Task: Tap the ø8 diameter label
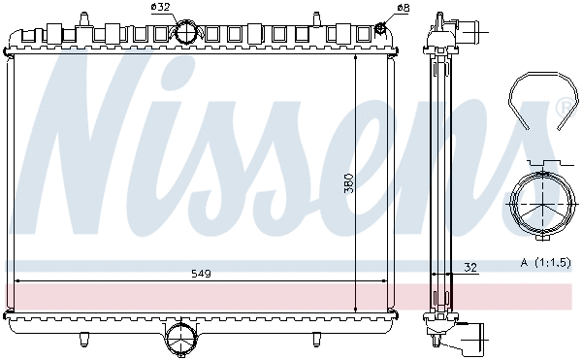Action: coord(400,8)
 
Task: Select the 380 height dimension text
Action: coord(348,181)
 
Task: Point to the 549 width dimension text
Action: coord(200,275)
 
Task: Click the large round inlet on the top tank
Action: coord(186,32)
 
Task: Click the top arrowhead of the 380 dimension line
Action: coord(356,58)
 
